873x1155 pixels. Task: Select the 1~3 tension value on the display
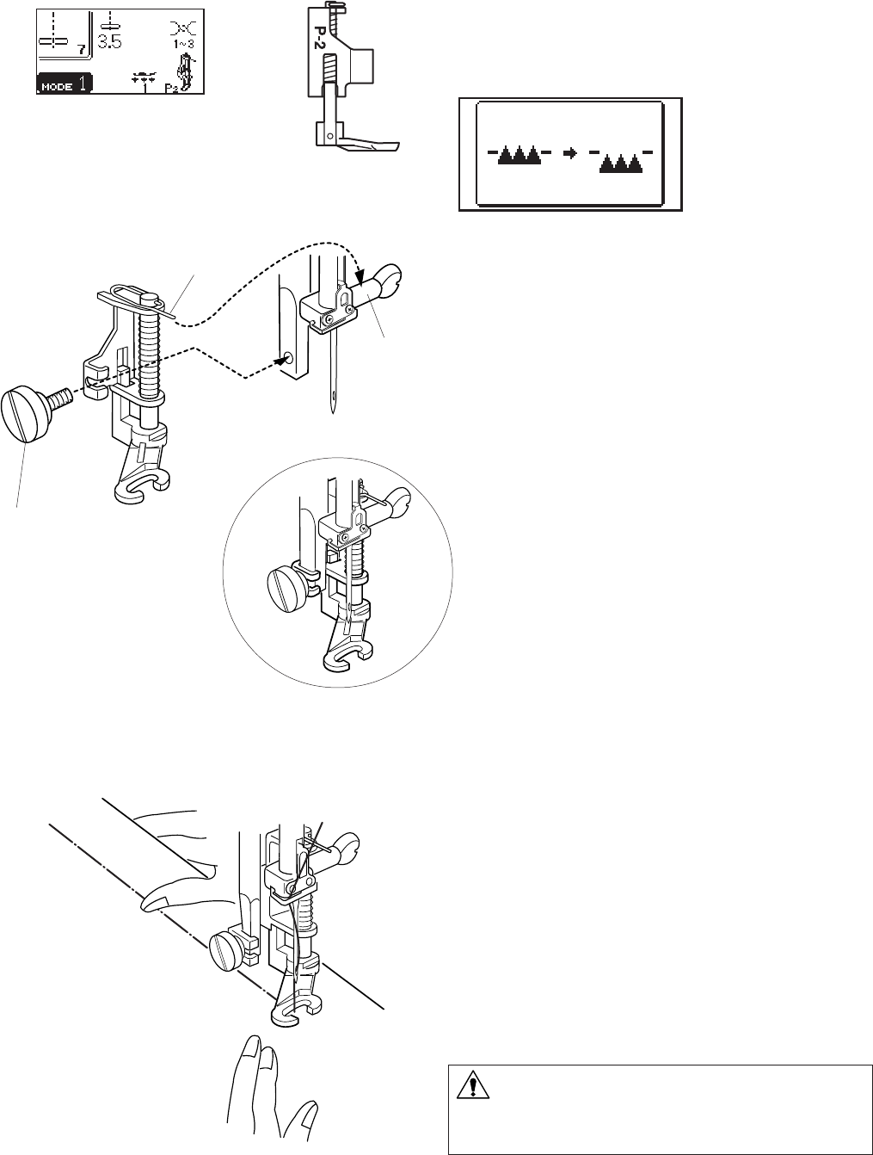[x=181, y=44]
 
